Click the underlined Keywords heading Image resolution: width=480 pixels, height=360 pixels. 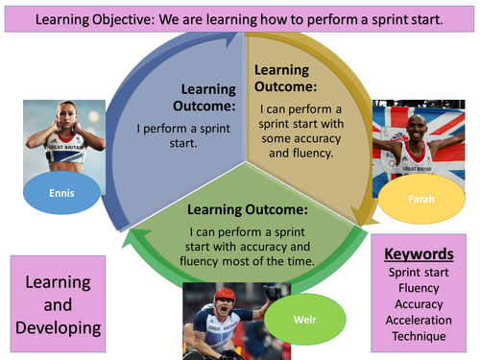pyautogui.click(x=419, y=255)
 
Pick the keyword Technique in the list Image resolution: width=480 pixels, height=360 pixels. pyautogui.click(x=419, y=336)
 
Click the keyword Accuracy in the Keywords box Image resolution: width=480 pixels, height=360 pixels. pyautogui.click(x=419, y=304)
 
